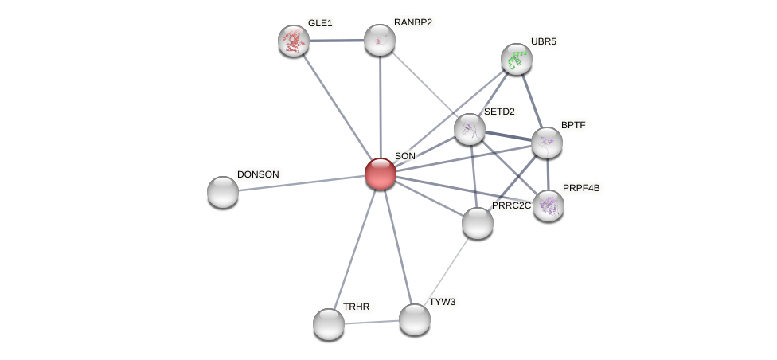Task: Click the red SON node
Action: (x=380, y=174)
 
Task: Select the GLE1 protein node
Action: (x=293, y=41)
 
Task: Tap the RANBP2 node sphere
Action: (x=380, y=40)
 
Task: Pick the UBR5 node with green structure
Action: (x=517, y=59)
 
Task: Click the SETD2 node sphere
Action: (x=469, y=129)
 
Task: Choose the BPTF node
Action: (x=547, y=143)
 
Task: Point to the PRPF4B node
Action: (x=549, y=205)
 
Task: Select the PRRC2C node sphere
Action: (x=477, y=224)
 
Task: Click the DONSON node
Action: (x=222, y=192)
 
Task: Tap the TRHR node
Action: (x=329, y=324)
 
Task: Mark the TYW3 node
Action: (x=414, y=320)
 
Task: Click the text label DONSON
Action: (x=258, y=174)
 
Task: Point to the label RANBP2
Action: (x=413, y=23)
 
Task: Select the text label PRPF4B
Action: (x=581, y=189)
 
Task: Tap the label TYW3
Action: (x=442, y=302)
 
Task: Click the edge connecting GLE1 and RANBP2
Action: (x=337, y=41)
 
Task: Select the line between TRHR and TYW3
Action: (x=372, y=323)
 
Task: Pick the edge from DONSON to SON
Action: (x=301, y=183)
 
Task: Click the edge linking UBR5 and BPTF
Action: (x=532, y=101)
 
